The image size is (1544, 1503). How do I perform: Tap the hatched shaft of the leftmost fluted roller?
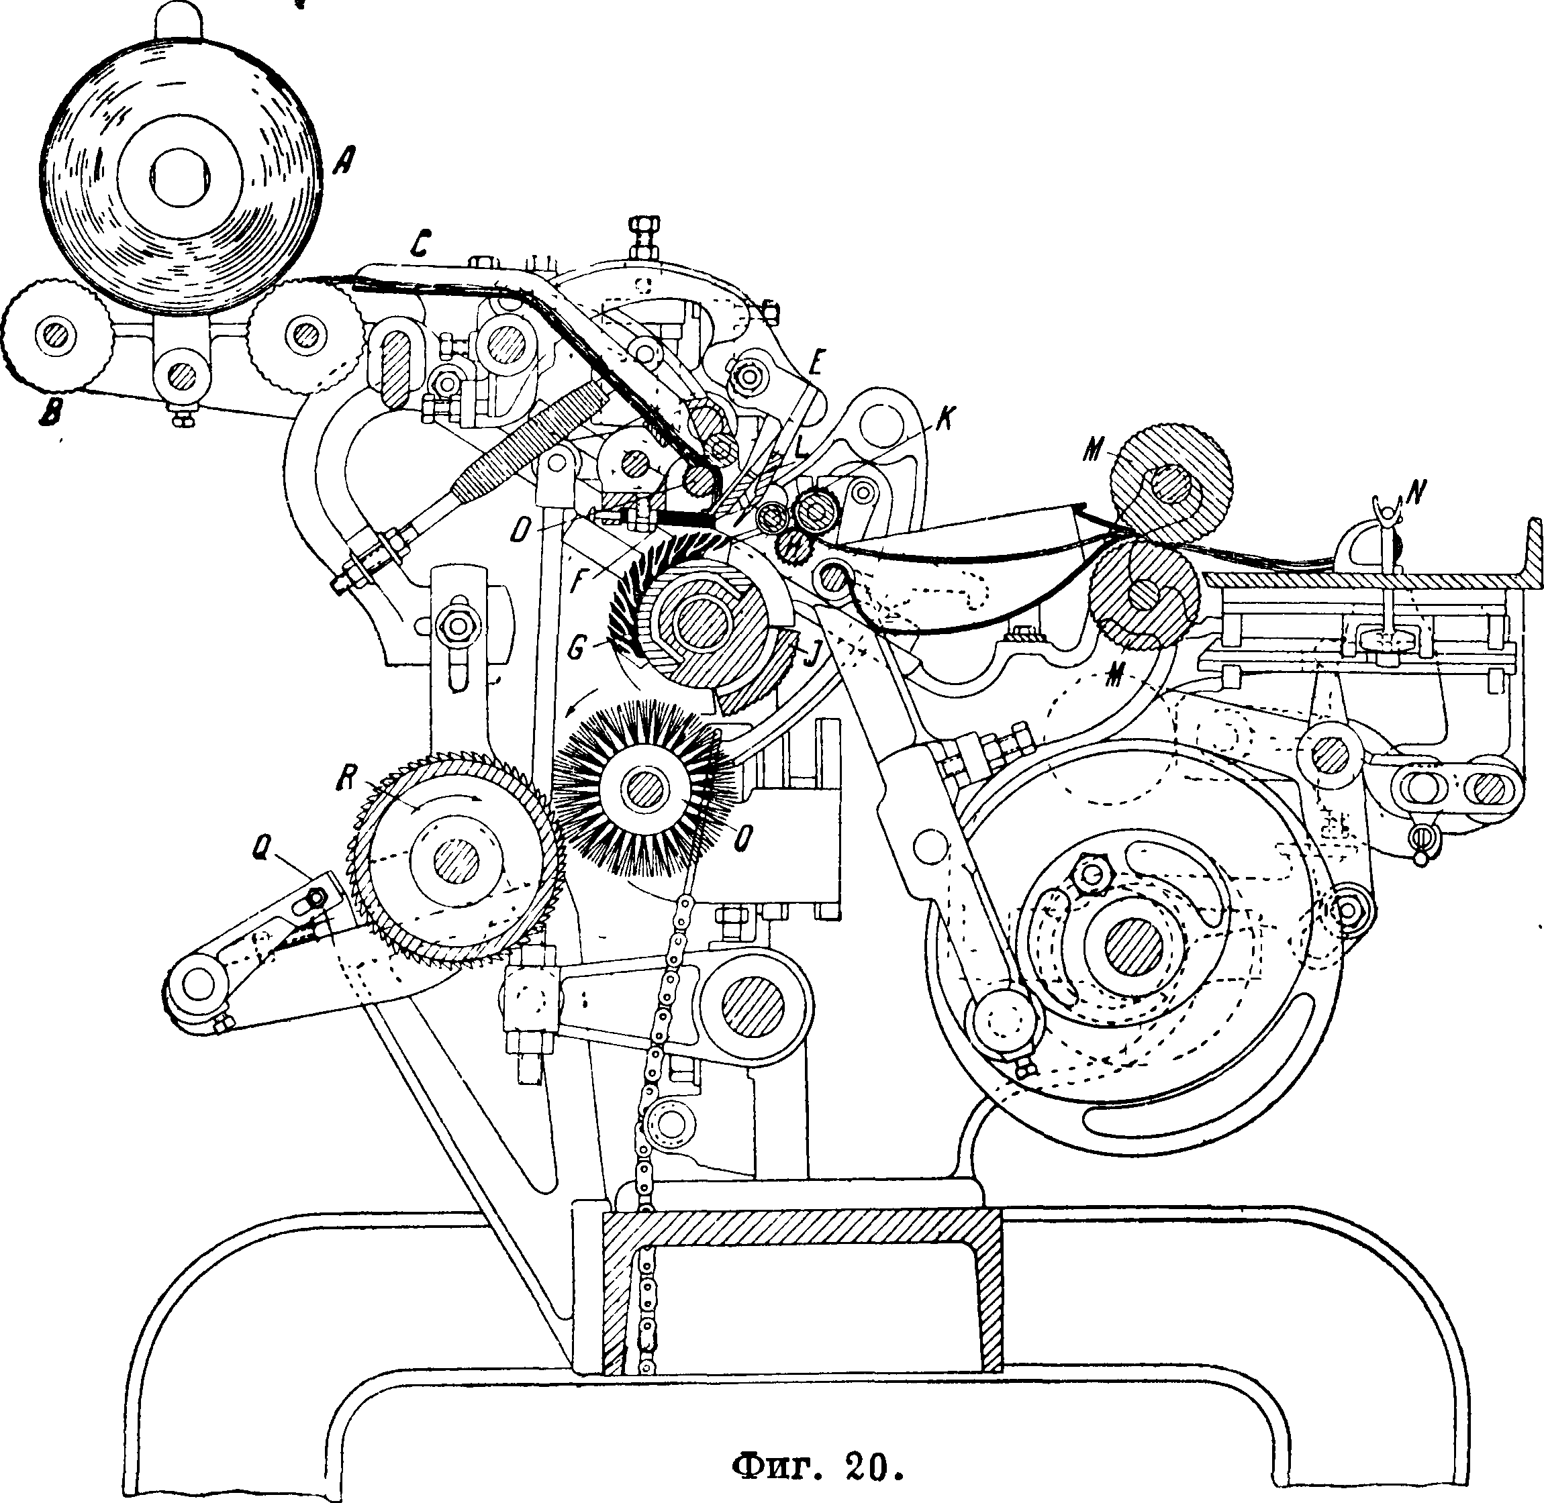coord(54,335)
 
